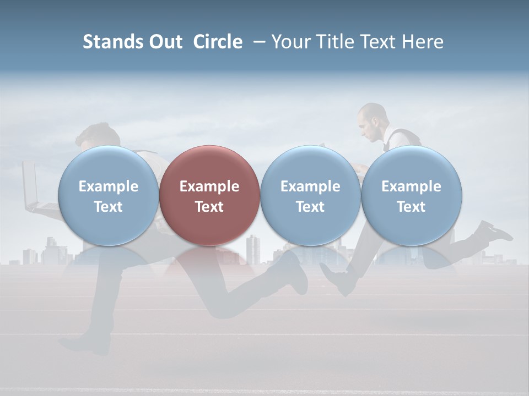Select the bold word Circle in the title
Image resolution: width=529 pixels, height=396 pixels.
(218, 42)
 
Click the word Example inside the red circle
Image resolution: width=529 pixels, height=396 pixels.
(209, 186)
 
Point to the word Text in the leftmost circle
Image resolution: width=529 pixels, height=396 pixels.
(108, 207)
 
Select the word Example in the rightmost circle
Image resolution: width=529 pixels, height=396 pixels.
(412, 186)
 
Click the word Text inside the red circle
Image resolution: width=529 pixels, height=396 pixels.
(209, 207)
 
